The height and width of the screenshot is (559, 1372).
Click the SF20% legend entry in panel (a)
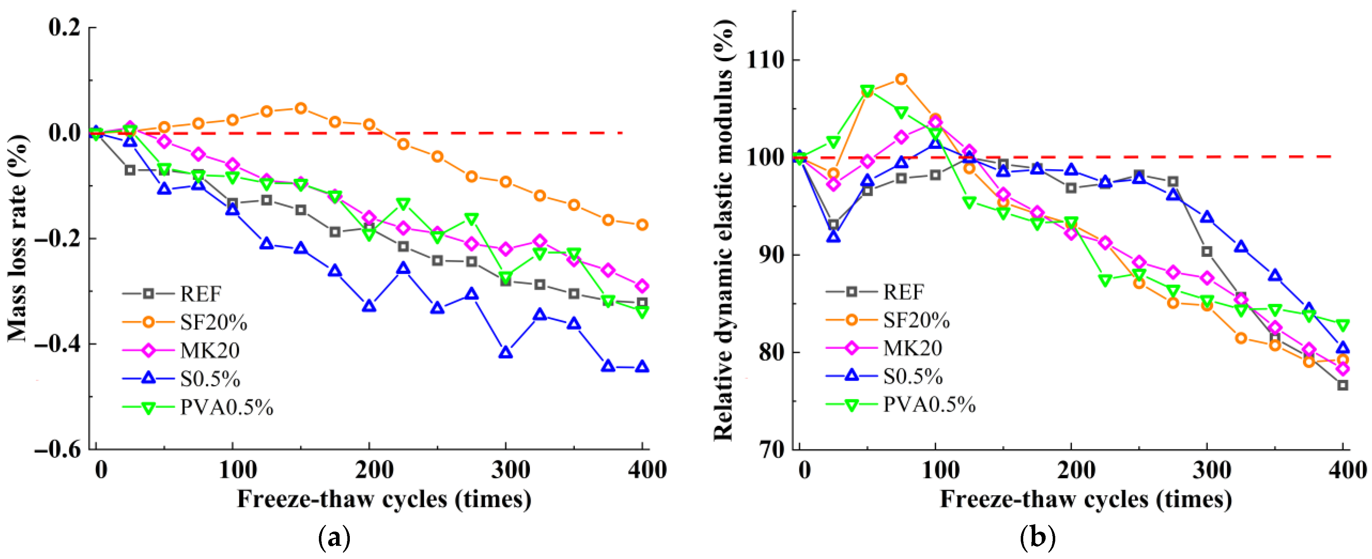click(x=213, y=322)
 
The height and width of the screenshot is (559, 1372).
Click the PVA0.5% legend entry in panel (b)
click(x=929, y=405)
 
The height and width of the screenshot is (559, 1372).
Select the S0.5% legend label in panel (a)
click(x=210, y=379)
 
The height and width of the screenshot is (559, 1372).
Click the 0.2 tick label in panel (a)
click(x=64, y=27)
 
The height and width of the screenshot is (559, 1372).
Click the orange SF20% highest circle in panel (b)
click(x=901, y=79)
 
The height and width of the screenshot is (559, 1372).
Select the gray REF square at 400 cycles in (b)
click(x=1343, y=385)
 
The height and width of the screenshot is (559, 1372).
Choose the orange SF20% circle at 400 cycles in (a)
click(x=642, y=225)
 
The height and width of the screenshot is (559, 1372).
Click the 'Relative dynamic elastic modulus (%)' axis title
click(x=723, y=229)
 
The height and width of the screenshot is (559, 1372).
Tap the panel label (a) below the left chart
click(x=334, y=538)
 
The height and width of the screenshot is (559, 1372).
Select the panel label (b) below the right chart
click(x=1037, y=538)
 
